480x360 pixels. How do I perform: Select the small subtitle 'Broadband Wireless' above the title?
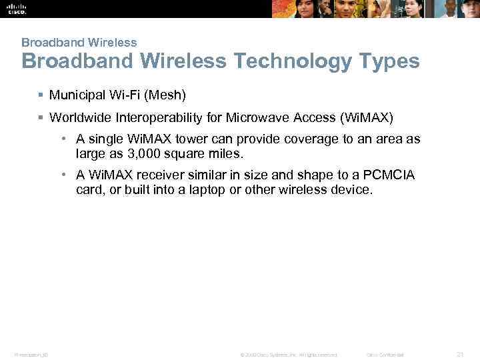[79, 42]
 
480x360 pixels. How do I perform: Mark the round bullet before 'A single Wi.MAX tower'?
[61, 139]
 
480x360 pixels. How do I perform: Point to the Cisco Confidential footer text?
[386, 353]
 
